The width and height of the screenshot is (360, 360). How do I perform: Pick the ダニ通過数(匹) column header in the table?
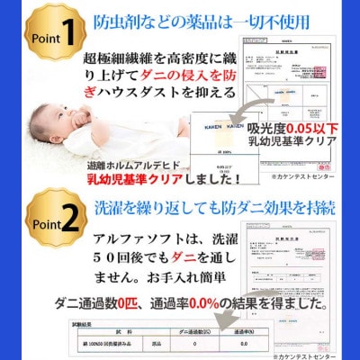pos(172,332)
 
